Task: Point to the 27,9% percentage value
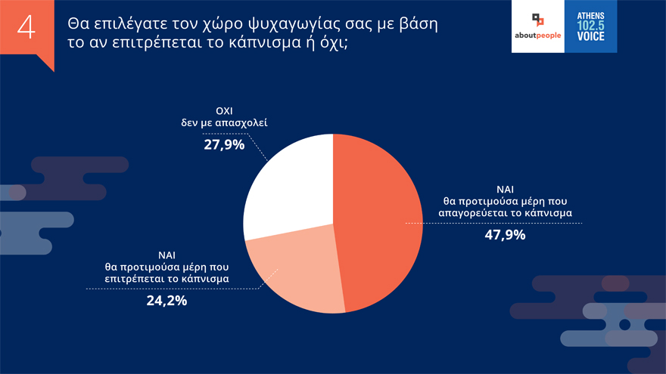tap(224, 144)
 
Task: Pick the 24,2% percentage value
tap(166, 300)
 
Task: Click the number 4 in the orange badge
tap(26, 28)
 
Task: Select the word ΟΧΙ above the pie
tap(224, 110)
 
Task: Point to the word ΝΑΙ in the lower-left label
tap(166, 255)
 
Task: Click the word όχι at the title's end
tap(337, 42)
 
